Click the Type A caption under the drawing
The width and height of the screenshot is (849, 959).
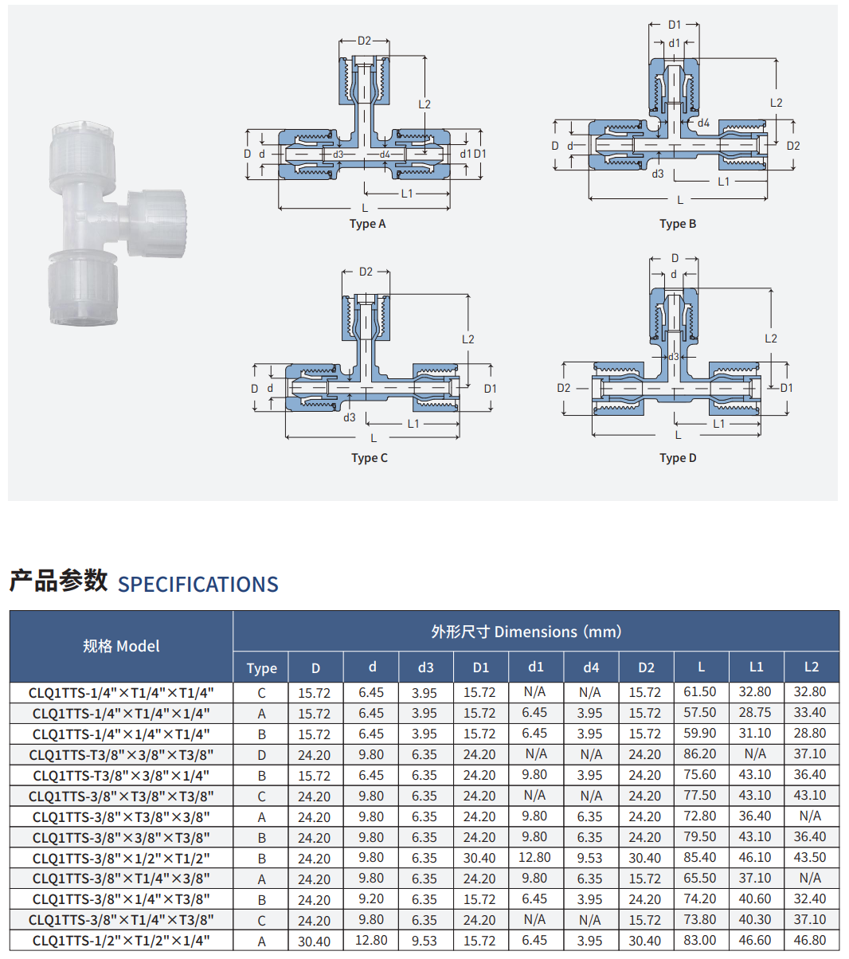click(367, 224)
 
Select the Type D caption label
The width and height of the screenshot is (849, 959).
click(678, 458)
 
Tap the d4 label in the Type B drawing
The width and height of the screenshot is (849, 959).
click(703, 123)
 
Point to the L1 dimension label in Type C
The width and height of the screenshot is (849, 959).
click(413, 424)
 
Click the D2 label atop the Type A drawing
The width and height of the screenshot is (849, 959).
click(364, 41)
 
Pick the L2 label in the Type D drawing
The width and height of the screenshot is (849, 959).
click(770, 339)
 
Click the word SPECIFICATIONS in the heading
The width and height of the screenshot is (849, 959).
click(198, 585)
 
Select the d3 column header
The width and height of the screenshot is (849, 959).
click(425, 667)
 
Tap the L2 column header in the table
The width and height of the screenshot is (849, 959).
click(811, 667)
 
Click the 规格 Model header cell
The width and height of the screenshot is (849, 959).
click(121, 646)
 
